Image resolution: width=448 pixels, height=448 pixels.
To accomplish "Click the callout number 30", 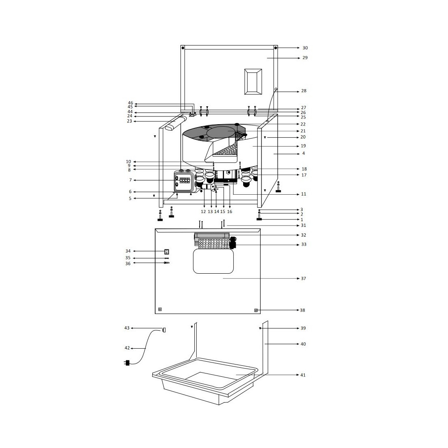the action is click(305, 48).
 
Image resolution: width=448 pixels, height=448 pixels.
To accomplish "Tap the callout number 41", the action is click(303, 375).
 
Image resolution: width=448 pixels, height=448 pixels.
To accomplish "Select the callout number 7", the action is click(131, 180).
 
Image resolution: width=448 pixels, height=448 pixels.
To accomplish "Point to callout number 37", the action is click(303, 279).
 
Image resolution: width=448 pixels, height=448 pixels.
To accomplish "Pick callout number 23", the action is click(130, 121).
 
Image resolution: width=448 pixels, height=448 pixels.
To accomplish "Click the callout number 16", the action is click(229, 212).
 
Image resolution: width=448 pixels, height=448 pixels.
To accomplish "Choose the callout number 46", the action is click(130, 103).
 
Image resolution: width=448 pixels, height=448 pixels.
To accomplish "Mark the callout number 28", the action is click(304, 91).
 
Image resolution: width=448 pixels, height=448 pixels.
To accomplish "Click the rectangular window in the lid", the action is click(253, 82).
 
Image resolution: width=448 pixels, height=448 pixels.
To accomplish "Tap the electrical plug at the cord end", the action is click(127, 363).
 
